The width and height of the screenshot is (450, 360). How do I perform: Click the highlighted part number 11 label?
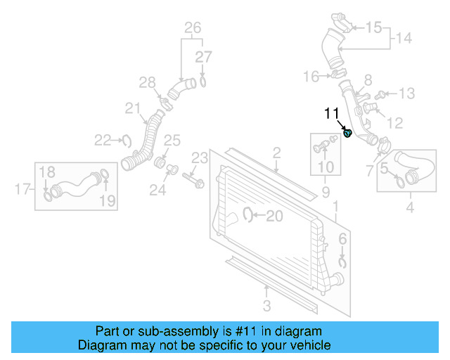(x=331, y=112)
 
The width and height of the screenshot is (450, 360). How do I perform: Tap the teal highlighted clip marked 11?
(x=347, y=133)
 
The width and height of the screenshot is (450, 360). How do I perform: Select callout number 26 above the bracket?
(x=193, y=28)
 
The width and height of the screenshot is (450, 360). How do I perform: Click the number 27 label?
(x=203, y=57)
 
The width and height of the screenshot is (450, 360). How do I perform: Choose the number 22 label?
(x=103, y=140)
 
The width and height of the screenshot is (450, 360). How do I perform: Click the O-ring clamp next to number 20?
(x=248, y=215)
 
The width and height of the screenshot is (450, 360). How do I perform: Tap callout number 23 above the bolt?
(x=200, y=156)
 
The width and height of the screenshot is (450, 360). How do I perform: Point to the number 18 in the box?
(x=46, y=172)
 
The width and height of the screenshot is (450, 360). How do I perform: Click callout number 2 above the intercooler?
(x=277, y=153)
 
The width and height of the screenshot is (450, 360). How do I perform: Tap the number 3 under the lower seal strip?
(x=266, y=304)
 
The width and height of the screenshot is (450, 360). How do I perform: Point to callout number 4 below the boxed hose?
(x=410, y=207)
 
